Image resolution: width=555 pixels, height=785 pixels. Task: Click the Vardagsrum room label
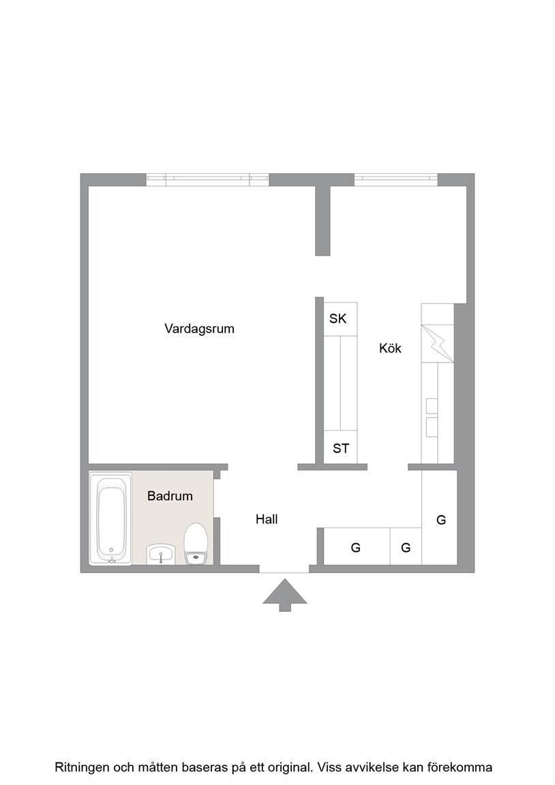[199, 329]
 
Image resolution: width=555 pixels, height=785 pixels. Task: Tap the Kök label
[390, 348]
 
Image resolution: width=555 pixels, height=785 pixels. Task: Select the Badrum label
[170, 495]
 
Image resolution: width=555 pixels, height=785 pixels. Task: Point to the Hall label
[267, 519]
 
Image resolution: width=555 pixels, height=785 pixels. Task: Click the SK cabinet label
[337, 318]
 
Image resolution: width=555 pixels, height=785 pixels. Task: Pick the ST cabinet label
[341, 448]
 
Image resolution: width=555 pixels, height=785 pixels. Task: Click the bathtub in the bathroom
[110, 519]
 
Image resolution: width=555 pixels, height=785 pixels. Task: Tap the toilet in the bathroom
[196, 544]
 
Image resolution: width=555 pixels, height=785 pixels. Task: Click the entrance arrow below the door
[285, 595]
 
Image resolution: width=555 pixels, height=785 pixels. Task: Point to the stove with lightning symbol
[437, 343]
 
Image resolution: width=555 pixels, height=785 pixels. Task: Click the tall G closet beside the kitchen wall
[439, 518]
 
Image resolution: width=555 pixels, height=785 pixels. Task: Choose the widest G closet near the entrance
[357, 547]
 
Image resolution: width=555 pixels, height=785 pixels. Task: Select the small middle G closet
[406, 547]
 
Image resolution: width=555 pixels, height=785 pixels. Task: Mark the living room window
[207, 180]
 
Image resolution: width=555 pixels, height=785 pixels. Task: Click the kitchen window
[395, 180]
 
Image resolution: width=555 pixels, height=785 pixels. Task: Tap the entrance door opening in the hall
[284, 569]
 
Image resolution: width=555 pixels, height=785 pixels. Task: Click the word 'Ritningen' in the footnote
[81, 767]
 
